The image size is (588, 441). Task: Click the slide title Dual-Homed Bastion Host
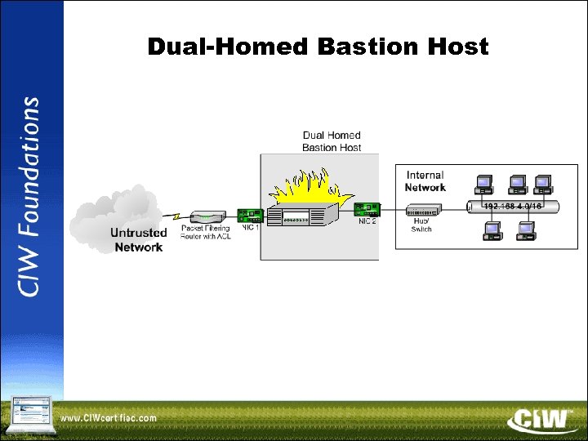click(318, 47)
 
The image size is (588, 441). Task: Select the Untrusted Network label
click(138, 239)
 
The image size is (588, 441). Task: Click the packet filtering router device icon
click(208, 217)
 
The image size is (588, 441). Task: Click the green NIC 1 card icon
click(249, 216)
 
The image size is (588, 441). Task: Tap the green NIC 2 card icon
click(367, 210)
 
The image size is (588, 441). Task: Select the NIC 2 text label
click(367, 223)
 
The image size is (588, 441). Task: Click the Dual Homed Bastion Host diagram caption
click(332, 141)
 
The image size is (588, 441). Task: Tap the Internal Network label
click(425, 181)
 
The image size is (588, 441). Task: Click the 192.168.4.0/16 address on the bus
click(512, 207)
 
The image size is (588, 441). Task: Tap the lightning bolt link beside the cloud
click(176, 216)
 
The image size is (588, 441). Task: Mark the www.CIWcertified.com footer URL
click(109, 420)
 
